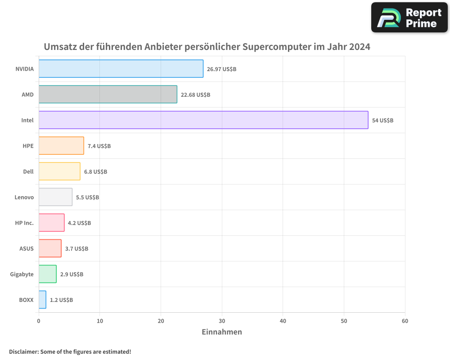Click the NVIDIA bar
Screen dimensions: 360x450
tap(121, 69)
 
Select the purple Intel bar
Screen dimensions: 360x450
tap(203, 120)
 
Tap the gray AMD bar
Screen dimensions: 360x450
tap(108, 94)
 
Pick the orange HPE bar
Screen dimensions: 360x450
tap(61, 146)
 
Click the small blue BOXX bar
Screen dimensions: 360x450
tap(42, 300)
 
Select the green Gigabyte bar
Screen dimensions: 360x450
tap(47, 274)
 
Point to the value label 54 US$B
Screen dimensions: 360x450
tap(382, 121)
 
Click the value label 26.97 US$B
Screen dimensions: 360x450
tap(221, 69)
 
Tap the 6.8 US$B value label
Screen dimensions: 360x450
tap(95, 172)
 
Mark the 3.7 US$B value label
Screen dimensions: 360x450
tap(76, 249)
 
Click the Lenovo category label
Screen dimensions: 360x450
tap(24, 197)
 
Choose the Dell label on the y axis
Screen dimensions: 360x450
tap(28, 171)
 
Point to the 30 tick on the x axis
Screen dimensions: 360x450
tap(222, 321)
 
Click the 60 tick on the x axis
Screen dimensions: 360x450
tap(405, 321)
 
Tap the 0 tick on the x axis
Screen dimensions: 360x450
tap(39, 321)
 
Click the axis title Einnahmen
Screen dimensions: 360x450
tap(221, 332)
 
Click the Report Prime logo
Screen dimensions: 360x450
tap(409, 18)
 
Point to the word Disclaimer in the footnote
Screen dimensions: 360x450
tap(23, 351)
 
